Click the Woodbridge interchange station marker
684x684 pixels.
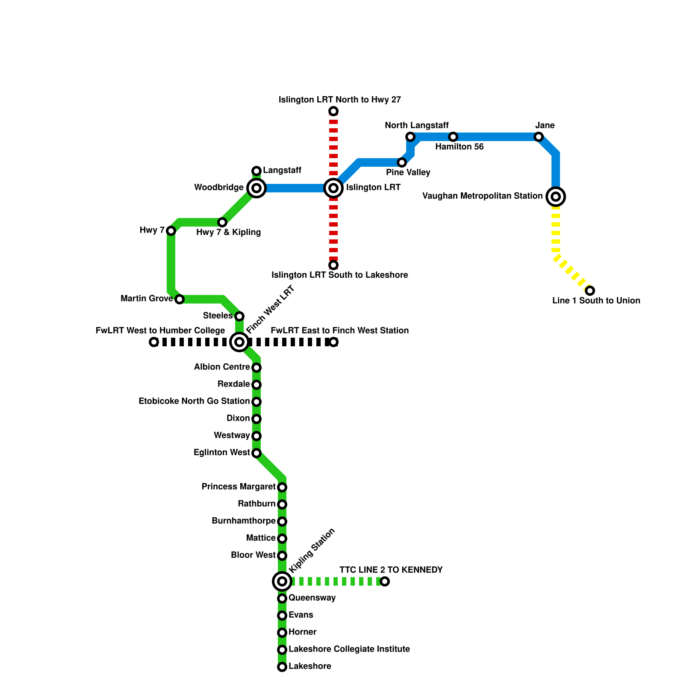[x=256, y=188]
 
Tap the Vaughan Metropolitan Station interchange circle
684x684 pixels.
[x=556, y=197]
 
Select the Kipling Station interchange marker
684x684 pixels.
[x=282, y=581]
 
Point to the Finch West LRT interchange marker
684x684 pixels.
[x=239, y=342]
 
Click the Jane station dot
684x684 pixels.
[x=539, y=137]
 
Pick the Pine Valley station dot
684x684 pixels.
[x=402, y=162]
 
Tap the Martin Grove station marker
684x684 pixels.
[x=180, y=299]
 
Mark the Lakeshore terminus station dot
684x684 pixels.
[x=282, y=667]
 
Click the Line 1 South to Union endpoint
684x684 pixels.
[x=590, y=291]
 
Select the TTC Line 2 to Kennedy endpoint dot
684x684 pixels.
[x=385, y=581]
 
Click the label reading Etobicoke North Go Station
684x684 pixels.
[x=194, y=401]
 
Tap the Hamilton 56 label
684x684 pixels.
[x=460, y=147]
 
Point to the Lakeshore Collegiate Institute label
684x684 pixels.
[x=349, y=649]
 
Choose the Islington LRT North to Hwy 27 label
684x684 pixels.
[x=340, y=100]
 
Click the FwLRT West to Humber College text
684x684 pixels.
[x=160, y=331]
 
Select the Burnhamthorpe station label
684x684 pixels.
[x=244, y=521]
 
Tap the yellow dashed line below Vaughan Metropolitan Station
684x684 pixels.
[x=556, y=231]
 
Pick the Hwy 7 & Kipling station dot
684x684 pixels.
[x=222, y=222]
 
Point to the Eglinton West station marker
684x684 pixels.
[x=256, y=453]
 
